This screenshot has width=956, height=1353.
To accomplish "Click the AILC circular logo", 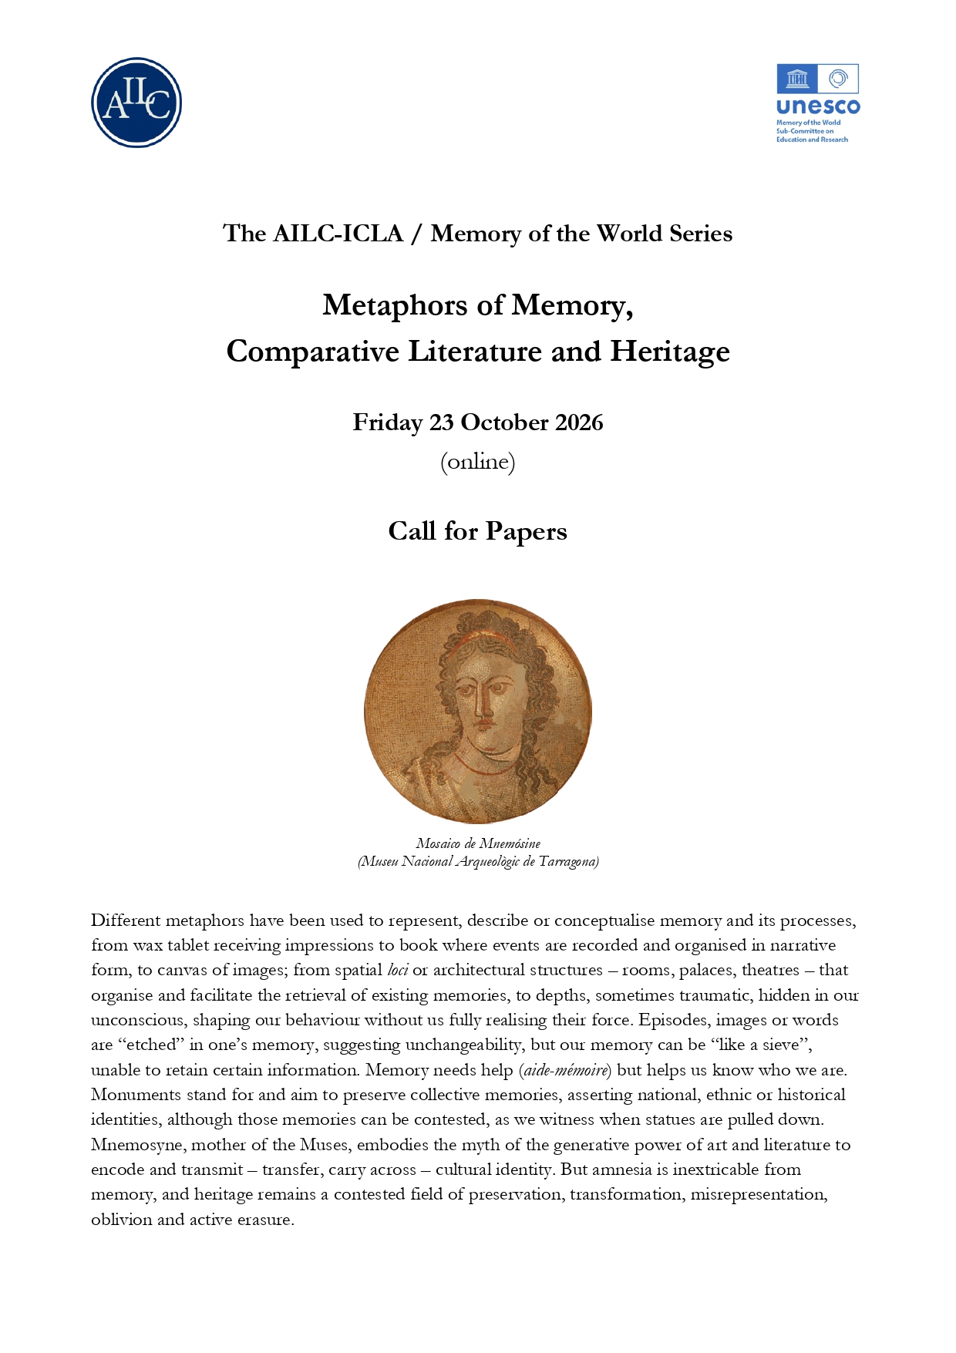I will (x=136, y=103).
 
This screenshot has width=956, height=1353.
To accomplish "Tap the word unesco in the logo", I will (x=818, y=107).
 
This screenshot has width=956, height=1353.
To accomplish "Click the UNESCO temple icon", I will (x=797, y=79).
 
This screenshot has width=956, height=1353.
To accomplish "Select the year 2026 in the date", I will (x=579, y=422).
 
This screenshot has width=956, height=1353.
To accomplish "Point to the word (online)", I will (x=477, y=462).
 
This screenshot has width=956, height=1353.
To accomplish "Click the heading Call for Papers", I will (x=477, y=531).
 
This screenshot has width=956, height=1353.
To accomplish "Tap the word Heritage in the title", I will (x=669, y=352).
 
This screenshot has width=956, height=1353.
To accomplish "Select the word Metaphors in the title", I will (x=390, y=305).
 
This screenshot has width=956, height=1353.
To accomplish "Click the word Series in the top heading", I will (x=700, y=234).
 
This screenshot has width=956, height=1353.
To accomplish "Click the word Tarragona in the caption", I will (x=569, y=861).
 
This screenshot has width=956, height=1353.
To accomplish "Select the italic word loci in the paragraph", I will (x=397, y=970).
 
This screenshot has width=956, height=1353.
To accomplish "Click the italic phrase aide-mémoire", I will (x=567, y=1070).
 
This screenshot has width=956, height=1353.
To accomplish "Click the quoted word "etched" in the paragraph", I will (x=150, y=1045).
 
